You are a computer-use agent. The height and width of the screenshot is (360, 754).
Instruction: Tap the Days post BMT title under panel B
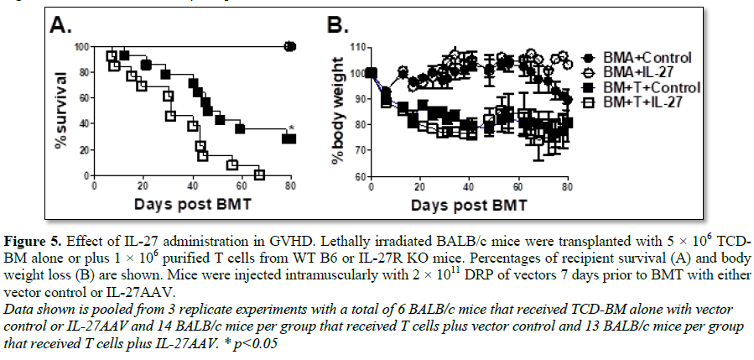pos(470,204)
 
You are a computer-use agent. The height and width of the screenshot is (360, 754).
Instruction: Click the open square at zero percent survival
pos(259,175)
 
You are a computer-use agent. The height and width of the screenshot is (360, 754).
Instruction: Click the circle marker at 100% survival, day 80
pos(290,46)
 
